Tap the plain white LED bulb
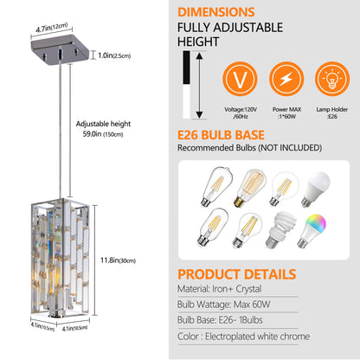point(332,186)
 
